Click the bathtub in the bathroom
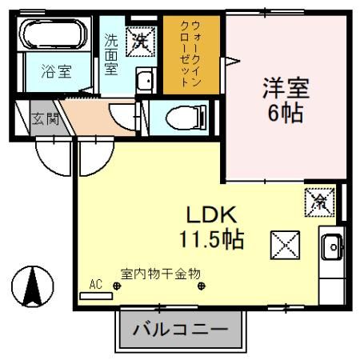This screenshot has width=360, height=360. (57, 37)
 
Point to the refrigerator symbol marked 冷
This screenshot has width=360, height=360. (317, 201)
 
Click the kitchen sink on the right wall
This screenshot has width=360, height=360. (330, 249)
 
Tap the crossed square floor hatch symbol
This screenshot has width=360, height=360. (284, 242)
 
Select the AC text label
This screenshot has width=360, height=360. (96, 284)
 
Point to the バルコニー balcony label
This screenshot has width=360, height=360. (181, 329)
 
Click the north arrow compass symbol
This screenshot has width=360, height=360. (33, 286)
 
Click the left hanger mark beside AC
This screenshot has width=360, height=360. (117, 286)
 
